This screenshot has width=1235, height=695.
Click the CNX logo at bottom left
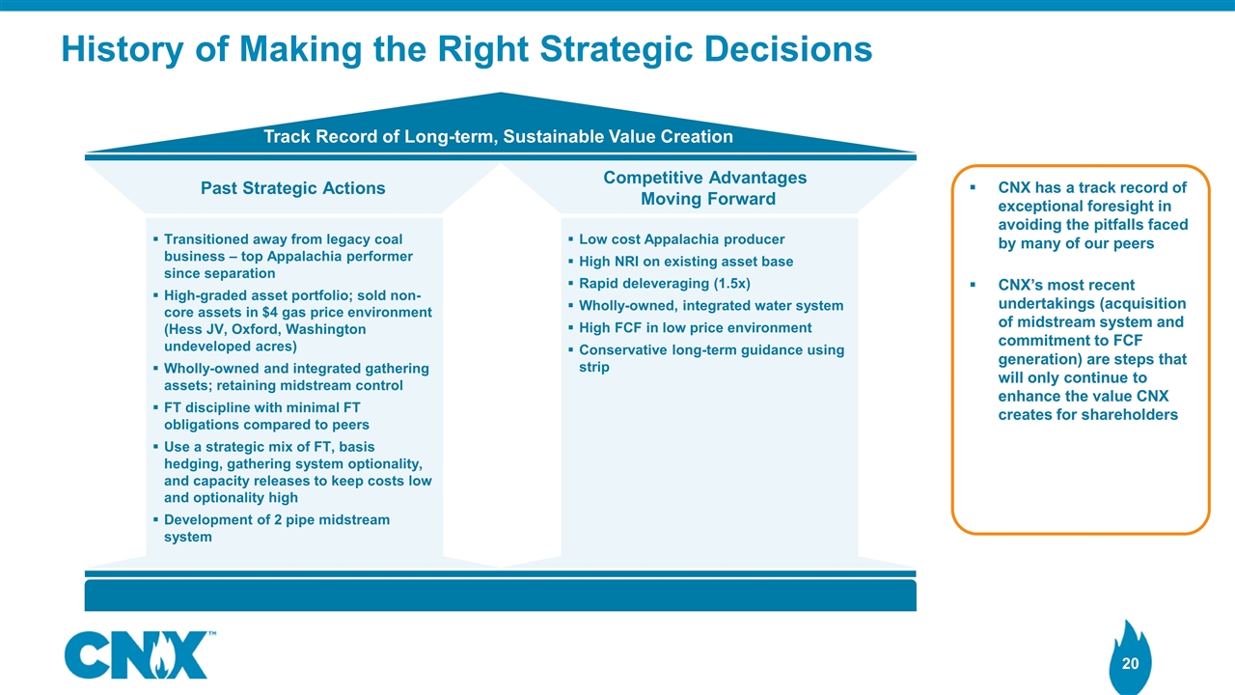[x=136, y=655]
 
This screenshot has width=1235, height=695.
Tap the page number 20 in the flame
[x=1130, y=663]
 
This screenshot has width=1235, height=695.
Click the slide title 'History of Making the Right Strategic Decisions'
[x=466, y=49]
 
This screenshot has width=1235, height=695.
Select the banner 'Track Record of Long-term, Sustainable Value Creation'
[x=498, y=136]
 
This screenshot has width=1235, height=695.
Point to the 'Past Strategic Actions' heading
[x=292, y=188]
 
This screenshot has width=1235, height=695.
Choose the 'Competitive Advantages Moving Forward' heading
[x=704, y=188]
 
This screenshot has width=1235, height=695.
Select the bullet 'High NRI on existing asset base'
[x=685, y=262]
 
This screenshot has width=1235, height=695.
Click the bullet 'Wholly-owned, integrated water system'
[x=710, y=306]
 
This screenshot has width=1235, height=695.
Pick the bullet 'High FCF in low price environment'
[x=695, y=328]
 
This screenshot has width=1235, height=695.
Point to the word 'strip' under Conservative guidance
[x=593, y=367]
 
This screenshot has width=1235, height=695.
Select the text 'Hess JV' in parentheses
[x=197, y=330]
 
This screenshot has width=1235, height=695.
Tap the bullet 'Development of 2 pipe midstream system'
[x=277, y=528]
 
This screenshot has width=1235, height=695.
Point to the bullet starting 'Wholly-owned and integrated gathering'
[x=296, y=377]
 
